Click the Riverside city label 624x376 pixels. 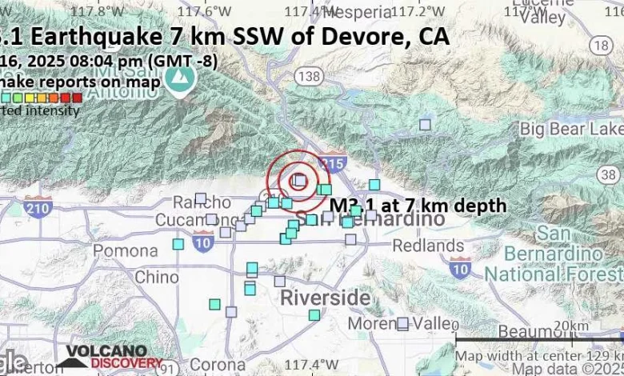[325, 298]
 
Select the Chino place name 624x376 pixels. [157, 278]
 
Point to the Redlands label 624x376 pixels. [438, 246]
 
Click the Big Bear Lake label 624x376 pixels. [571, 128]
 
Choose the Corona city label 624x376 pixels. [218, 364]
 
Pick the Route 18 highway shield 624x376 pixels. [601, 46]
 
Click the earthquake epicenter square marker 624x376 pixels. [298, 181]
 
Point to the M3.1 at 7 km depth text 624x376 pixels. [418, 206]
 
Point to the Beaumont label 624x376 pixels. [528, 331]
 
